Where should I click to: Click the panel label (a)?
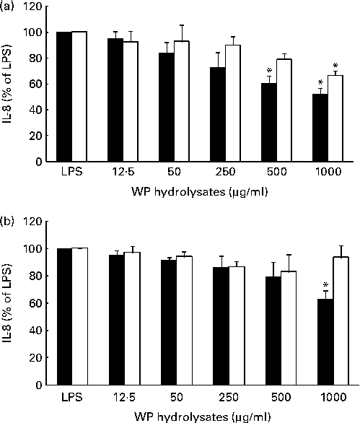10,6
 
